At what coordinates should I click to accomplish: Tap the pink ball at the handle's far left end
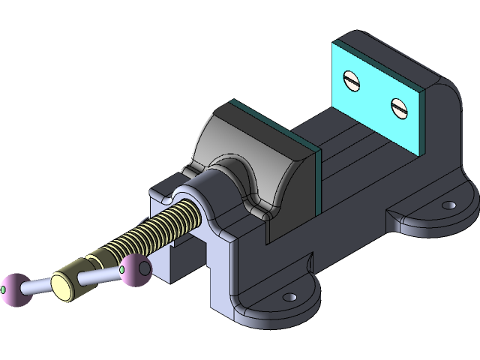click(13, 288)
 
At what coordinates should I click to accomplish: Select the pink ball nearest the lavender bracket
click(136, 269)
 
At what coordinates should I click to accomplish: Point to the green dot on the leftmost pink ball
click(4, 289)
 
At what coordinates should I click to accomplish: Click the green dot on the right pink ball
click(122, 268)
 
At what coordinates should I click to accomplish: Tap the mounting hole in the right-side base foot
click(448, 205)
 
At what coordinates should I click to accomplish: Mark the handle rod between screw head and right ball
click(101, 275)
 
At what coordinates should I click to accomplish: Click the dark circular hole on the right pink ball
click(144, 266)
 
